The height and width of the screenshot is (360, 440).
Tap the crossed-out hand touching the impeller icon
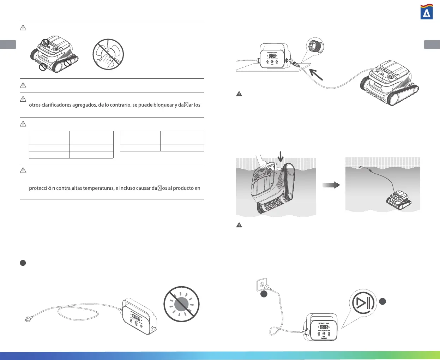pos(108,54)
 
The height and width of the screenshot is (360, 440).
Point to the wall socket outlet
pos(261,284)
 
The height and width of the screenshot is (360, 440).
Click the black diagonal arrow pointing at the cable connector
pos(316,74)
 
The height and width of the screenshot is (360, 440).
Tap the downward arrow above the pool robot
pos(281,157)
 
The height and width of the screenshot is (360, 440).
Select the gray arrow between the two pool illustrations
pos(331,185)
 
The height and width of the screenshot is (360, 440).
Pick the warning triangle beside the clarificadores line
pos(23,99)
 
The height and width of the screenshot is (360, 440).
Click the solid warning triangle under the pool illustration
pos(239,225)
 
